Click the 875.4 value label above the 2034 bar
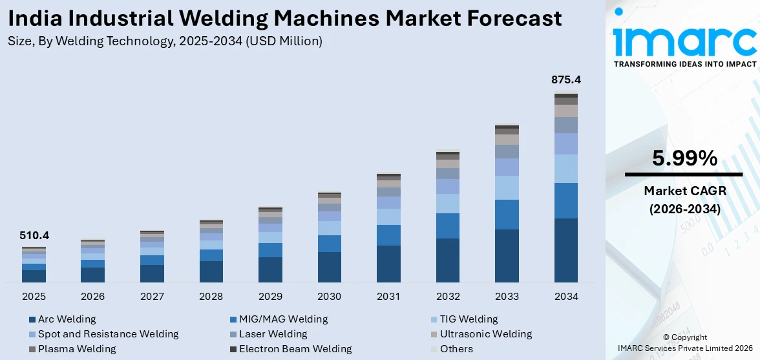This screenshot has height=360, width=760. pos(566,80)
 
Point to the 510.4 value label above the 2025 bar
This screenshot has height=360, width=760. pos(34,236)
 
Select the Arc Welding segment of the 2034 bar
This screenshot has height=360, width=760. pos(566,250)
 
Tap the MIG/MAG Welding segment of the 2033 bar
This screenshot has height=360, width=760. pos(507,215)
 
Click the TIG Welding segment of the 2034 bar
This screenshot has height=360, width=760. pos(566,169)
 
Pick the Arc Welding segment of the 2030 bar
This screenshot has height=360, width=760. pos(329,267)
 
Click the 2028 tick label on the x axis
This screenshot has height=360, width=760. pos(211,297)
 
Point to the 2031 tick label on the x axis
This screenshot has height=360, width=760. pos(388,297)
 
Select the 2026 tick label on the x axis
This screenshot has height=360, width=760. pos(92,297)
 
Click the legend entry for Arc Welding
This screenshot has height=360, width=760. pos(67,319)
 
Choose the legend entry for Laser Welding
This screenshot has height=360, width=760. pos(273,334)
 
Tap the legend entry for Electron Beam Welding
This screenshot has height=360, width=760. pos(295,349)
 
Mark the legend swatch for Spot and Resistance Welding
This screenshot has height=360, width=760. pos(32,335)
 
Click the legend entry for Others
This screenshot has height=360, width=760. pos(456,349)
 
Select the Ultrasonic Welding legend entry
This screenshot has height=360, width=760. pos(486,334)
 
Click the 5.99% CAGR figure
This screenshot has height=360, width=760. pos(684,158)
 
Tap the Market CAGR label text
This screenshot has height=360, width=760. pos(684,191)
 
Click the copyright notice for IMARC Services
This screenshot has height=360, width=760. pos(685,343)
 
